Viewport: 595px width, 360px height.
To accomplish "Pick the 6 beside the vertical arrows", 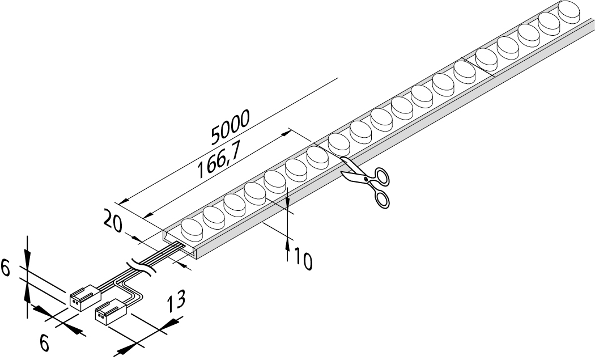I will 6,269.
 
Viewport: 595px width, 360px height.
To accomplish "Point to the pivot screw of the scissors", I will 366,180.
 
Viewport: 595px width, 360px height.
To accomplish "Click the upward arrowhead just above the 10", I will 288,244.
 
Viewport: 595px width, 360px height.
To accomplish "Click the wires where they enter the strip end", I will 179,247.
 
